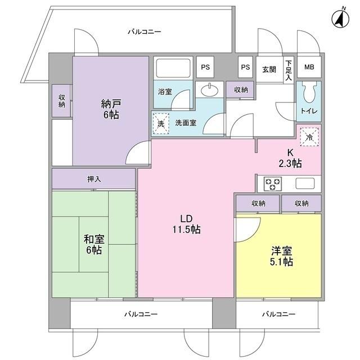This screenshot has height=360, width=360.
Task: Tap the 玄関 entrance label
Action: click(x=269, y=69)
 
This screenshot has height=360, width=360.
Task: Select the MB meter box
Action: click(x=309, y=67)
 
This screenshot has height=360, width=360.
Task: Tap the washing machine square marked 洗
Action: click(x=161, y=123)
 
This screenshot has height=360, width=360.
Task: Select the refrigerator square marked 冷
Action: click(x=309, y=136)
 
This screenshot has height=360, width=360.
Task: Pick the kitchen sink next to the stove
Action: click(x=305, y=183)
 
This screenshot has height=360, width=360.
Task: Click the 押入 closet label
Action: click(x=94, y=179)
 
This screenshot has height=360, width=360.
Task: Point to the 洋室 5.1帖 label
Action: click(x=281, y=256)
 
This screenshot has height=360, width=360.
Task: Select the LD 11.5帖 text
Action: click(x=186, y=223)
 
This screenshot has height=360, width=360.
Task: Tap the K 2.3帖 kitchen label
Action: click(x=291, y=158)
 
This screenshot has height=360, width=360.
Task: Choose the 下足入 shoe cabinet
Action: click(x=289, y=70)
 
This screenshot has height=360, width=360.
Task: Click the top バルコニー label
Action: click(x=144, y=32)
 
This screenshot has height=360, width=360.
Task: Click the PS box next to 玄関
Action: click(x=245, y=67)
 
